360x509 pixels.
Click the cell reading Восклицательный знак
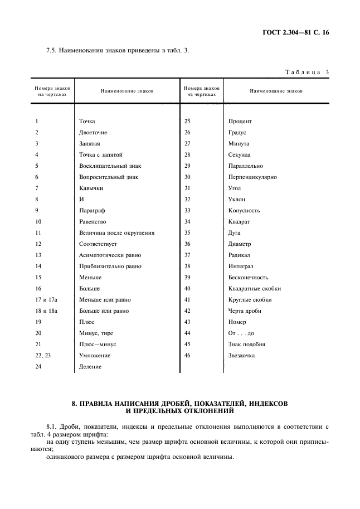(x=110, y=166)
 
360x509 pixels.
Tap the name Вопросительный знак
(x=109, y=177)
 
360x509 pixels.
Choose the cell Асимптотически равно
(x=110, y=255)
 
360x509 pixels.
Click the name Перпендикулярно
(x=252, y=177)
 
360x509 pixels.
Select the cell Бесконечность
(x=248, y=278)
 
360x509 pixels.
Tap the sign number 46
(x=187, y=356)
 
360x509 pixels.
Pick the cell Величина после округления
(x=116, y=233)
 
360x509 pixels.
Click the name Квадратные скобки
(x=254, y=289)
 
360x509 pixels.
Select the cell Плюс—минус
(x=98, y=345)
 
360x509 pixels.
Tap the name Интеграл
(x=241, y=266)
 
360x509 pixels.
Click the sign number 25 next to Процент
(x=187, y=122)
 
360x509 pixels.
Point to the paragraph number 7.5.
(x=52, y=51)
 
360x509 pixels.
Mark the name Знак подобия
(x=246, y=345)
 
